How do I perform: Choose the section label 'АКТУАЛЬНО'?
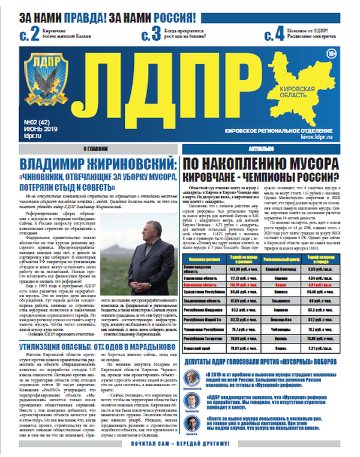tap(263, 148)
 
